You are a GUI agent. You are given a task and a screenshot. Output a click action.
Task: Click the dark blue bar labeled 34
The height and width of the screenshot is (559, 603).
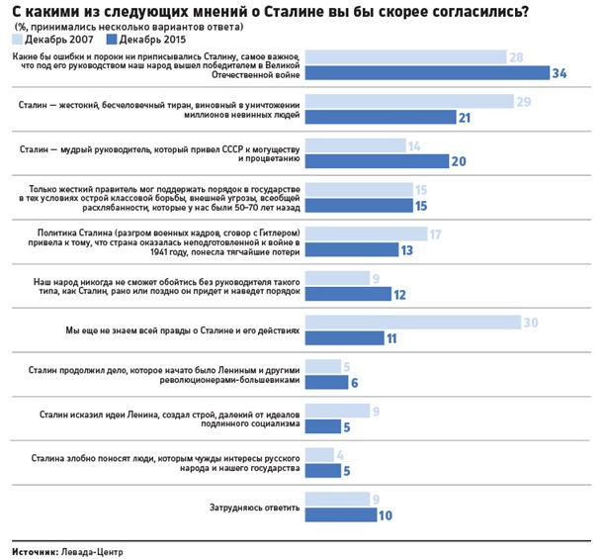pyautogui.click(x=426, y=72)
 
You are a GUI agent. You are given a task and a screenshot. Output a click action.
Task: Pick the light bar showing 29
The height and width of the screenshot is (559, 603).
pyautogui.click(x=409, y=101)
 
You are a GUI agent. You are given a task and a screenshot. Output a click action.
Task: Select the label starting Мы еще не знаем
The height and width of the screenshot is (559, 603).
pyautogui.click(x=173, y=329)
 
